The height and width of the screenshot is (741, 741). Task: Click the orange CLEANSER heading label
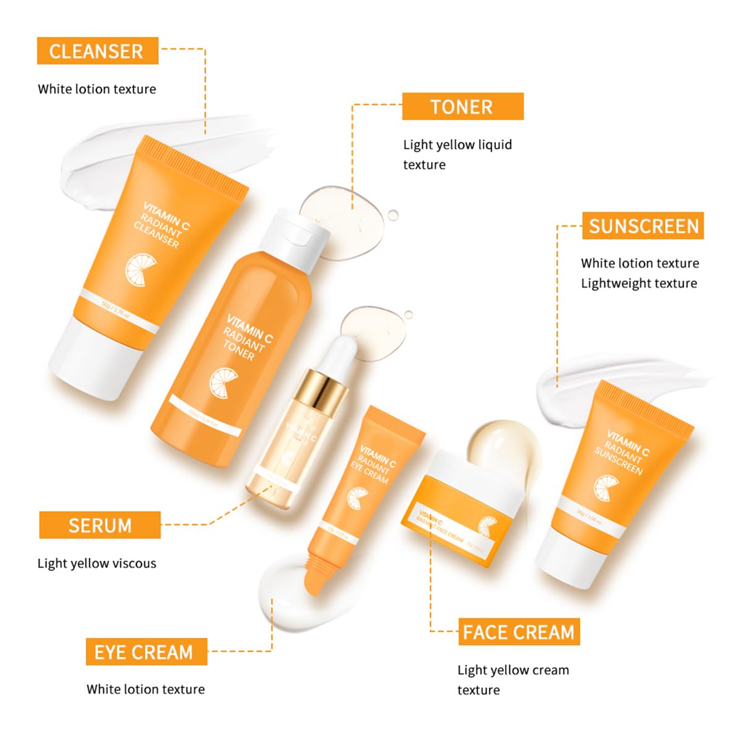coord(97,51)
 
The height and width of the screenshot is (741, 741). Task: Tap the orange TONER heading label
coord(462,106)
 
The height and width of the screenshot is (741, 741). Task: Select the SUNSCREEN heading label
coord(643,226)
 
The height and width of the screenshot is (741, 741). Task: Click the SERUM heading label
coord(99,525)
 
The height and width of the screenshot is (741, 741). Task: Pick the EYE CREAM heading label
coord(146,652)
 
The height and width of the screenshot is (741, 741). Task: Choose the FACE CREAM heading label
coord(519,632)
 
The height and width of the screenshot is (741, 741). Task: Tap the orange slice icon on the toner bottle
coord(222,382)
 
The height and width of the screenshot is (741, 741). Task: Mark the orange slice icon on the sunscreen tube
coord(604,488)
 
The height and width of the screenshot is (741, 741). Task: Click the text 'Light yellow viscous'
coord(97,563)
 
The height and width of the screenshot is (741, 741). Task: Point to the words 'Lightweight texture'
coord(638,283)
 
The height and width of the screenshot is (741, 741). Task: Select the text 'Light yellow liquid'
coord(457,144)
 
